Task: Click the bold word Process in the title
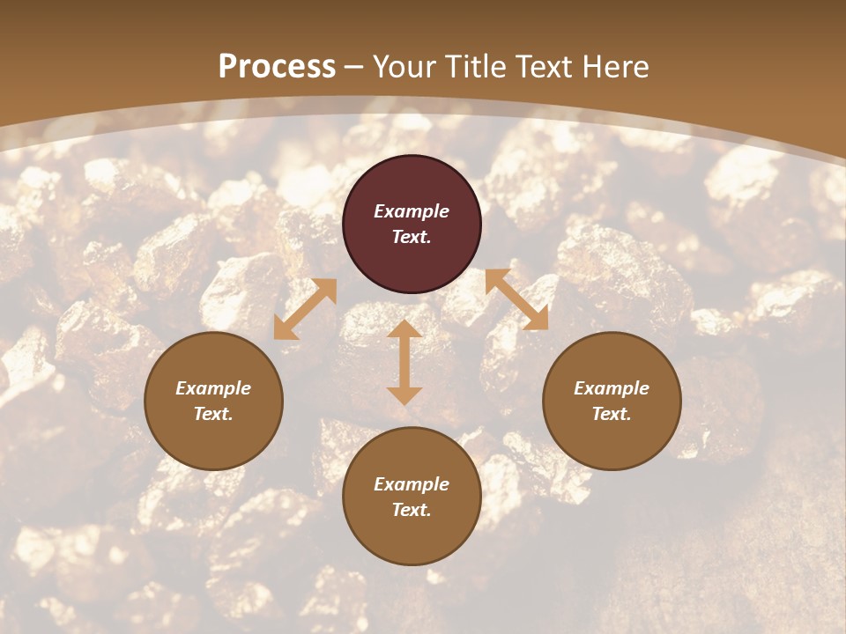[277, 67]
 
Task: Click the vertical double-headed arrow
[404, 362]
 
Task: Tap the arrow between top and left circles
[305, 309]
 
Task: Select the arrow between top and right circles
[516, 299]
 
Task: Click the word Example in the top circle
[412, 211]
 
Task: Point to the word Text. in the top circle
[412, 237]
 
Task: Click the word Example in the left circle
[213, 388]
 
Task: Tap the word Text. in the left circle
[213, 414]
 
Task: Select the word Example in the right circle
[612, 388]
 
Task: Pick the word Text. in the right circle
[612, 414]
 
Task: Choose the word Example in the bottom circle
[412, 484]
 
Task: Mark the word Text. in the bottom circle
[412, 510]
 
